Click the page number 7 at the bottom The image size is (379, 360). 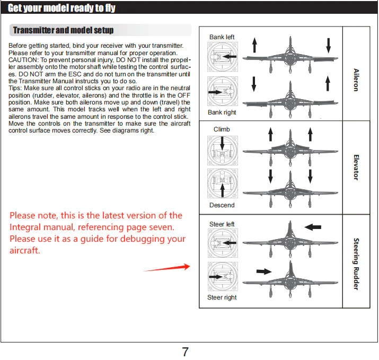click(186, 352)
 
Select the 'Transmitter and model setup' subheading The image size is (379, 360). click(63, 30)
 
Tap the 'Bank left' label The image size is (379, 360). click(222, 37)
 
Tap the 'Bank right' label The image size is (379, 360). click(222, 112)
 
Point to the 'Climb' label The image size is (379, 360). click(222, 129)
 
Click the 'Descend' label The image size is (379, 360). click(222, 205)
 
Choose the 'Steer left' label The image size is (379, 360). click(222, 224)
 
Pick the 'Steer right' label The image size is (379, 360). click(222, 297)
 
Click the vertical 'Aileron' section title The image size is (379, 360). click(356, 79)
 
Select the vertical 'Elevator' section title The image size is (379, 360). click(356, 167)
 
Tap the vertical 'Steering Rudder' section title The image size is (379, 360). click(356, 264)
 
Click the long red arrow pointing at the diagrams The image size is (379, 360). click(166, 268)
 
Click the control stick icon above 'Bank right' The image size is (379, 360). click(223, 92)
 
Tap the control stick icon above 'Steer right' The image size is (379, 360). click(223, 277)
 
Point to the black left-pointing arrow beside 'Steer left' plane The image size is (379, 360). click(313, 227)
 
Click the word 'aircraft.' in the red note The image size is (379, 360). click(25, 250)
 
